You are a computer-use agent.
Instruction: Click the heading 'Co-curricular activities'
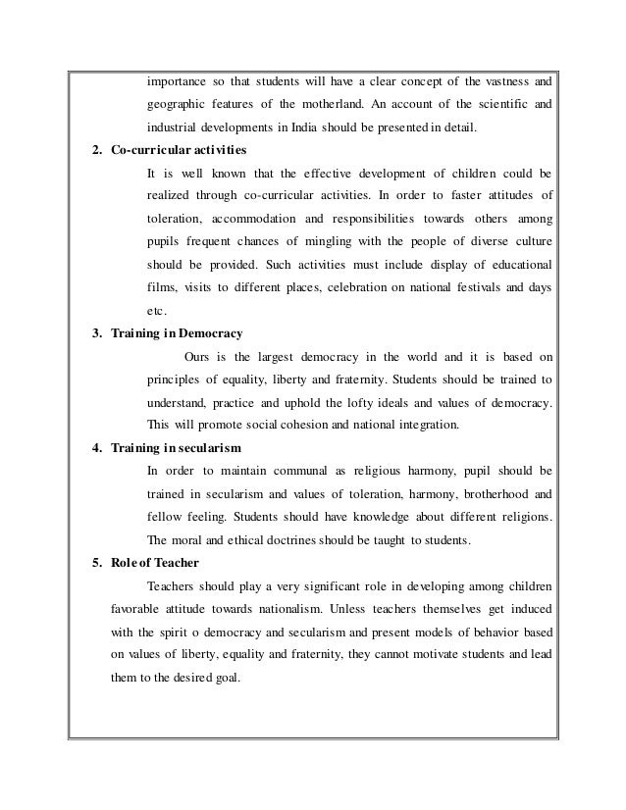coord(177,149)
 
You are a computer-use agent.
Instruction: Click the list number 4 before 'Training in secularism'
coord(95,448)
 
